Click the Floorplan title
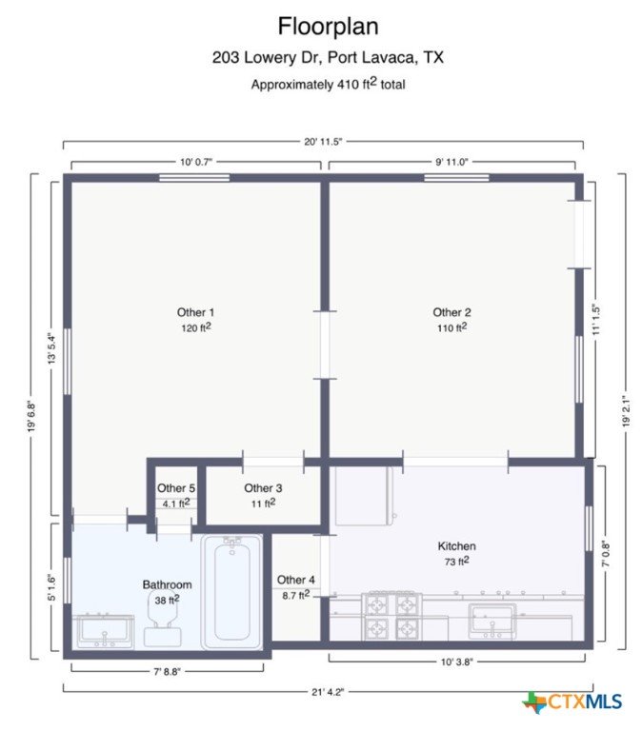click(x=328, y=26)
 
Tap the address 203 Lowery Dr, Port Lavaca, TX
click(x=328, y=57)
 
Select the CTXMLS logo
click(x=572, y=701)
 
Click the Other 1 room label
click(x=195, y=312)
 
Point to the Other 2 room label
click(x=451, y=312)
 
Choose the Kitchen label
click(x=457, y=546)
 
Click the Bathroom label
click(x=167, y=584)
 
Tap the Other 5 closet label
click(x=176, y=488)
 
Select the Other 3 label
click(x=263, y=488)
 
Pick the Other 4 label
click(x=296, y=580)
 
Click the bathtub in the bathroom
click(x=231, y=592)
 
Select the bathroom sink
click(x=105, y=632)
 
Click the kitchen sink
click(x=492, y=622)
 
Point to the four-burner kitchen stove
click(x=391, y=617)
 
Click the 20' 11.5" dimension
click(x=323, y=141)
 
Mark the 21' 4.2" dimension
click(x=328, y=692)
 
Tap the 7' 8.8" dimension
click(x=167, y=671)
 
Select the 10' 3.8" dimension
click(x=457, y=662)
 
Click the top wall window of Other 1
click(x=194, y=178)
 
